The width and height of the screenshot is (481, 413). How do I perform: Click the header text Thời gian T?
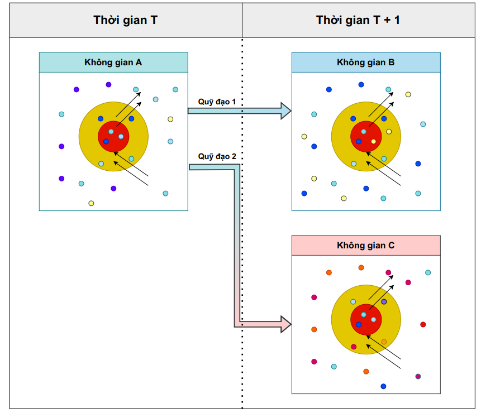(x=125, y=21)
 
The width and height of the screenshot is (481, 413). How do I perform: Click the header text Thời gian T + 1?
(x=358, y=21)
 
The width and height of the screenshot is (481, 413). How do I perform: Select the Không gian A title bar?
(x=113, y=63)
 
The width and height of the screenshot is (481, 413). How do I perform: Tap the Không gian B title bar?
(x=365, y=63)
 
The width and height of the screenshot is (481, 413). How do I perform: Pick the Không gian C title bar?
(x=365, y=245)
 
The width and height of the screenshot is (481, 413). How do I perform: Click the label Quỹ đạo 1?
(x=217, y=102)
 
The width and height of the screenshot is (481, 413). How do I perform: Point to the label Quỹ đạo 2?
(x=217, y=157)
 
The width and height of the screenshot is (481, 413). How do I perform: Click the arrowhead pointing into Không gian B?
(x=285, y=111)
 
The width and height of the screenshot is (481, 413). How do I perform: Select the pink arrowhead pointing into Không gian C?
(x=285, y=323)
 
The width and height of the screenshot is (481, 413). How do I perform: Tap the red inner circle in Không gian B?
(x=366, y=136)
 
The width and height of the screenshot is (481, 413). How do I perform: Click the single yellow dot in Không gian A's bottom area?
(x=91, y=203)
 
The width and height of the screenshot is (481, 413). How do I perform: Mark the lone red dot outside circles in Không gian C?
(x=423, y=324)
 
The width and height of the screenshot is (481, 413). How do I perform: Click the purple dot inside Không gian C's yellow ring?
(x=384, y=302)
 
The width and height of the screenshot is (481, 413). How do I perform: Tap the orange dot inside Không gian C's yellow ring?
(x=384, y=342)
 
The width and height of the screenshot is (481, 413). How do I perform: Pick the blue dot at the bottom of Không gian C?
(x=383, y=386)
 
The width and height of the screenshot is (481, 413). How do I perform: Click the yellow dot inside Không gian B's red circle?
(x=389, y=132)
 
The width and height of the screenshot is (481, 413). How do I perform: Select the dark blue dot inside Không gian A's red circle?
(x=106, y=141)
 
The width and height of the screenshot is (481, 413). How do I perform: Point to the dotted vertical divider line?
(x=242, y=223)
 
